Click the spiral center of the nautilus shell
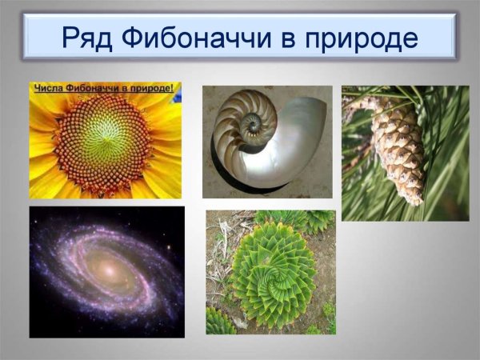(254, 124)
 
